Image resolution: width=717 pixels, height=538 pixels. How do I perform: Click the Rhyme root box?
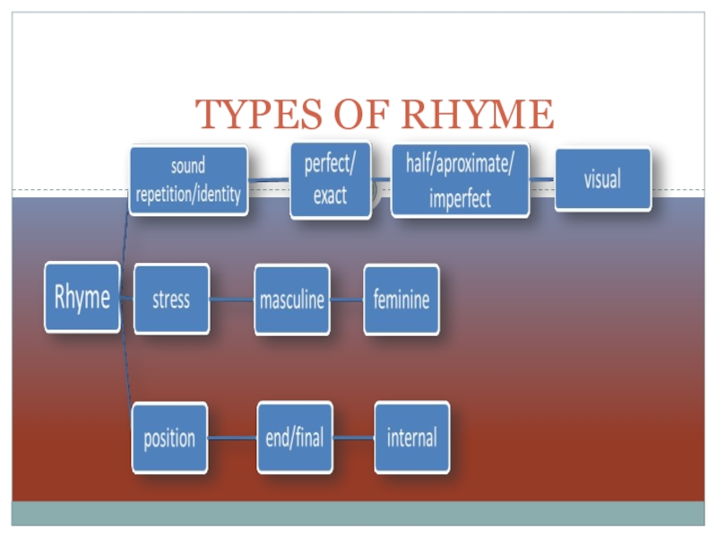click(82, 297)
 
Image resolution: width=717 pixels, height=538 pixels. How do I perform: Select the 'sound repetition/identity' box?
click(188, 180)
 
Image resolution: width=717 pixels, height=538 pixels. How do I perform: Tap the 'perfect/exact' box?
click(331, 180)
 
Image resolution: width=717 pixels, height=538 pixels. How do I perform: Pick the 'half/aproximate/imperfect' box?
click(461, 180)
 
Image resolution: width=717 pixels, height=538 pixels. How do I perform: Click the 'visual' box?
click(602, 178)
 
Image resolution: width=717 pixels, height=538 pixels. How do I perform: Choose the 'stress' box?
click(171, 299)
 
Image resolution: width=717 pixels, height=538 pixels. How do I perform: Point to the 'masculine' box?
click(292, 300)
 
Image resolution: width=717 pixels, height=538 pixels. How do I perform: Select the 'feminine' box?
click(402, 299)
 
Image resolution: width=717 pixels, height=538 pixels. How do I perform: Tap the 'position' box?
click(169, 438)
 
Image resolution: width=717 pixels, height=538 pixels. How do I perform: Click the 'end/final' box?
click(295, 438)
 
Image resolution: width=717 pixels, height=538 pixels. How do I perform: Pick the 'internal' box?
click(412, 438)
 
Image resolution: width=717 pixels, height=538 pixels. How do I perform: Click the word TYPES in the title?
click(259, 114)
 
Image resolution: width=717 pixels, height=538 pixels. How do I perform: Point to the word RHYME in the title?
click(478, 114)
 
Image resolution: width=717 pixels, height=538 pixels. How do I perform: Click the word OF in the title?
click(362, 114)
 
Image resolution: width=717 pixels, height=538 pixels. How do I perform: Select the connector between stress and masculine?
click(232, 299)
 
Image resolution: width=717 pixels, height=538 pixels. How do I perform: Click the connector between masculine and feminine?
click(347, 300)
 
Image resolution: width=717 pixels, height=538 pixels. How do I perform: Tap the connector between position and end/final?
click(232, 438)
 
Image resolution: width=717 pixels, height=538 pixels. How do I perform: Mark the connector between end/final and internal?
click(353, 438)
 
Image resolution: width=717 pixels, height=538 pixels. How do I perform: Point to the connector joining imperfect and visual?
click(542, 179)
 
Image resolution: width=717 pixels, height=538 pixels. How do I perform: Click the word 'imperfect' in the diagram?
click(460, 199)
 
